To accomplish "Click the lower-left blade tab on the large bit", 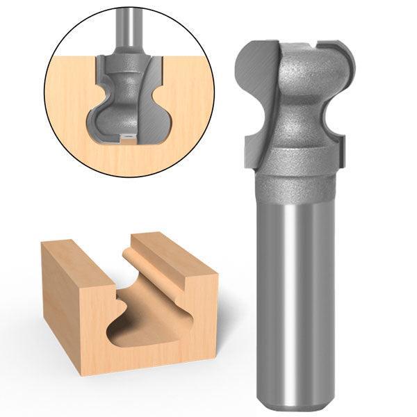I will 255,149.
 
